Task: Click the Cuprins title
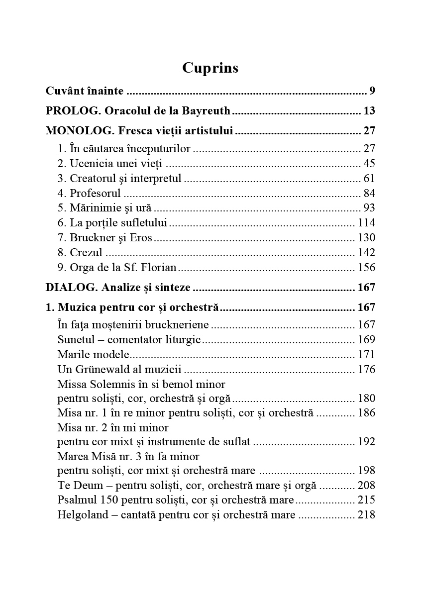(x=210, y=68)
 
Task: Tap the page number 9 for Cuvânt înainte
(x=372, y=91)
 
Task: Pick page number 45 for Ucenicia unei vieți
(x=369, y=164)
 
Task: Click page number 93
(x=369, y=208)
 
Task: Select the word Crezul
(x=86, y=253)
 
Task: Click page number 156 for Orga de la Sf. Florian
(x=366, y=268)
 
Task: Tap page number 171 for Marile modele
(x=366, y=355)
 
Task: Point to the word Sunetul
(x=75, y=340)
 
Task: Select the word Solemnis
(x=112, y=385)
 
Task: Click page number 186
(x=366, y=413)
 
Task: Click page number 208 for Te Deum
(x=366, y=485)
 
